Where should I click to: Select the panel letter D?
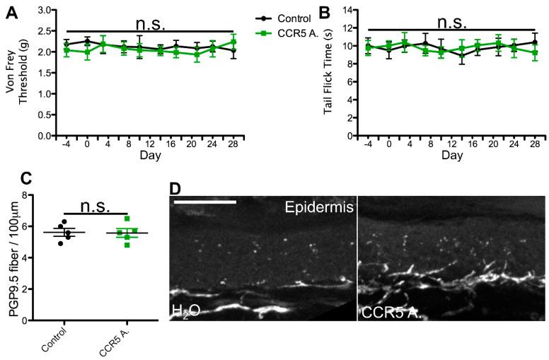click(x=177, y=190)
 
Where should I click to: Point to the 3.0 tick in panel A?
click(x=42, y=11)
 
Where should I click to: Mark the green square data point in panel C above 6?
click(x=107, y=219)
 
